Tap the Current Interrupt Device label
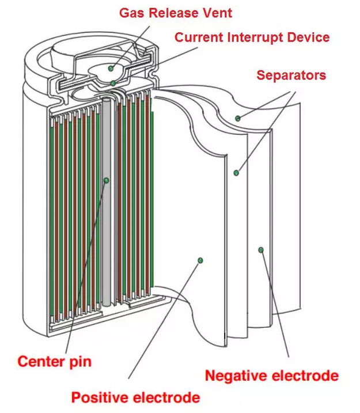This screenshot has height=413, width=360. [x=252, y=37]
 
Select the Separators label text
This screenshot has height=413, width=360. [x=291, y=75]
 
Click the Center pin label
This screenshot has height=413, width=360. [x=55, y=362]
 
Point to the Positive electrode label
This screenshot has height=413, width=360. [x=135, y=397]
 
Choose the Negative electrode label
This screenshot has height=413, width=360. [x=271, y=376]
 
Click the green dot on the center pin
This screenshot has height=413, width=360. [x=107, y=180]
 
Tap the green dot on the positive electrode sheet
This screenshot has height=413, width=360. [x=200, y=261]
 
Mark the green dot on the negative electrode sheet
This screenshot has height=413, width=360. [x=261, y=249]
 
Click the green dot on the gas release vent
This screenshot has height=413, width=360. [x=111, y=69]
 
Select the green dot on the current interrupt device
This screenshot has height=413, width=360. [x=114, y=84]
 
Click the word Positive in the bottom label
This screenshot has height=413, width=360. [x=101, y=397]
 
